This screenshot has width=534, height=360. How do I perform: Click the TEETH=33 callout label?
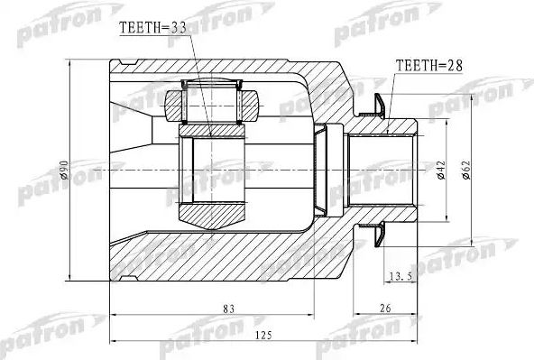pyautogui.click(x=153, y=28)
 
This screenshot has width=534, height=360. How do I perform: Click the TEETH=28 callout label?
pyautogui.click(x=429, y=65)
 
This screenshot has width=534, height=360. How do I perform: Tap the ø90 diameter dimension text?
pyautogui.click(x=64, y=170)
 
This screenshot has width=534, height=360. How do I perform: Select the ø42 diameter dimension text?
pyautogui.click(x=441, y=170)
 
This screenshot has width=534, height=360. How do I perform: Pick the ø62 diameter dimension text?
pyautogui.click(x=465, y=170)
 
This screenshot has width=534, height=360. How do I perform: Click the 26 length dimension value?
pyautogui.click(x=385, y=309)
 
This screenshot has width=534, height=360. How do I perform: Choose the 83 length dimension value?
pyautogui.click(x=229, y=309)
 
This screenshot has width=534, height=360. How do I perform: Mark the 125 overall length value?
pyautogui.click(x=264, y=336)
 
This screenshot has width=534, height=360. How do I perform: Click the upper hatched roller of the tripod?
pyautogui.click(x=212, y=106)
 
